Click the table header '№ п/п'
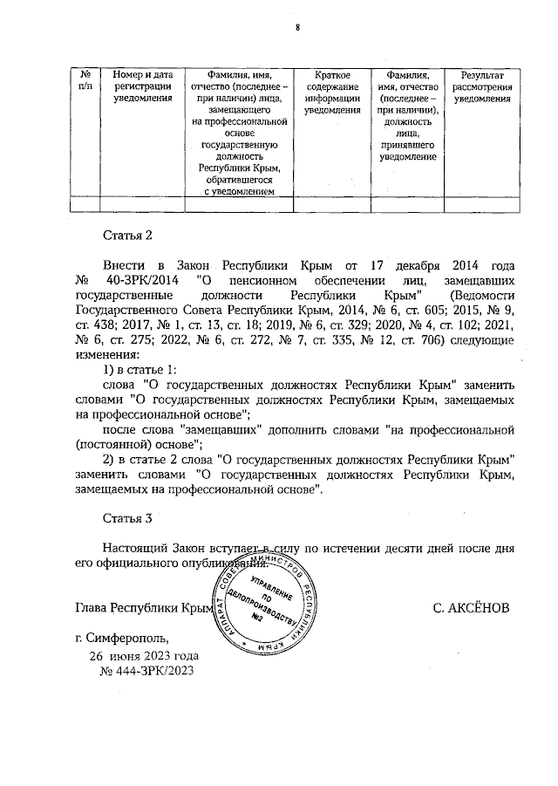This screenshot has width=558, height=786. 85,80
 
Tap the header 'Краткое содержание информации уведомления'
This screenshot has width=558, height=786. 332,92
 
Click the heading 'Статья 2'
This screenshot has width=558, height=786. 128,235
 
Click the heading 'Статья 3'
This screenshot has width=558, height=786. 128,517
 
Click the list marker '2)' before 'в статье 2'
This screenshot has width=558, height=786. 110,459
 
